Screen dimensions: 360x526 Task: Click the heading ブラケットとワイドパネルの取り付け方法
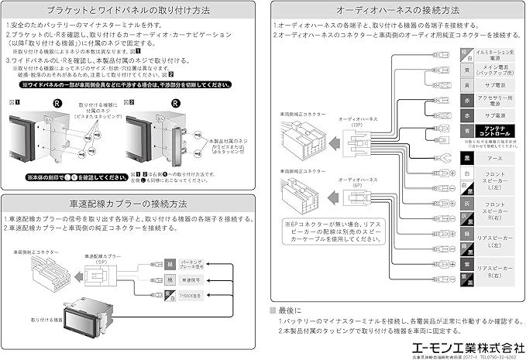tap(129, 12)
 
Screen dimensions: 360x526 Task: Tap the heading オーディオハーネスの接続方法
tap(397, 12)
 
